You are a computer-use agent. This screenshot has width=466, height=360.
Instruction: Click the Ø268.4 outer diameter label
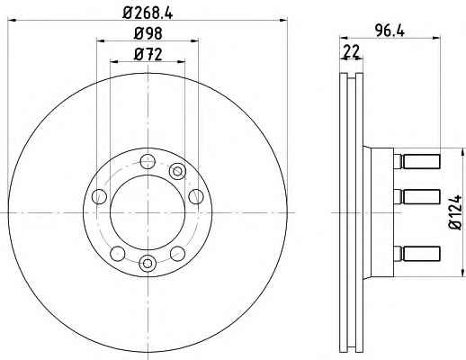point(148,13)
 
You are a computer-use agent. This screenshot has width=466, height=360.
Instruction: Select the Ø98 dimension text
point(148,33)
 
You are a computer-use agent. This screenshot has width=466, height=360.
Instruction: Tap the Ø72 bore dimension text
point(148,55)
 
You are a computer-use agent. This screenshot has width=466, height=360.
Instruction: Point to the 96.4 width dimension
point(390,31)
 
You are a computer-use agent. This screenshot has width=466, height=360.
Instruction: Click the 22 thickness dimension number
point(351,51)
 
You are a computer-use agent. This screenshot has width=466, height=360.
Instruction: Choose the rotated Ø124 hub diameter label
point(455,212)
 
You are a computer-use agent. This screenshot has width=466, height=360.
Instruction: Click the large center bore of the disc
point(148,212)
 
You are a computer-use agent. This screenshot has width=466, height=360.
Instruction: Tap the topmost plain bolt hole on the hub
point(148,161)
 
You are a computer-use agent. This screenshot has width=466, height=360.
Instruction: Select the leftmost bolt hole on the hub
point(99,196)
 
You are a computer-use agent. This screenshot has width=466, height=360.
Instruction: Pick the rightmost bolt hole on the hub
point(196,196)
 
